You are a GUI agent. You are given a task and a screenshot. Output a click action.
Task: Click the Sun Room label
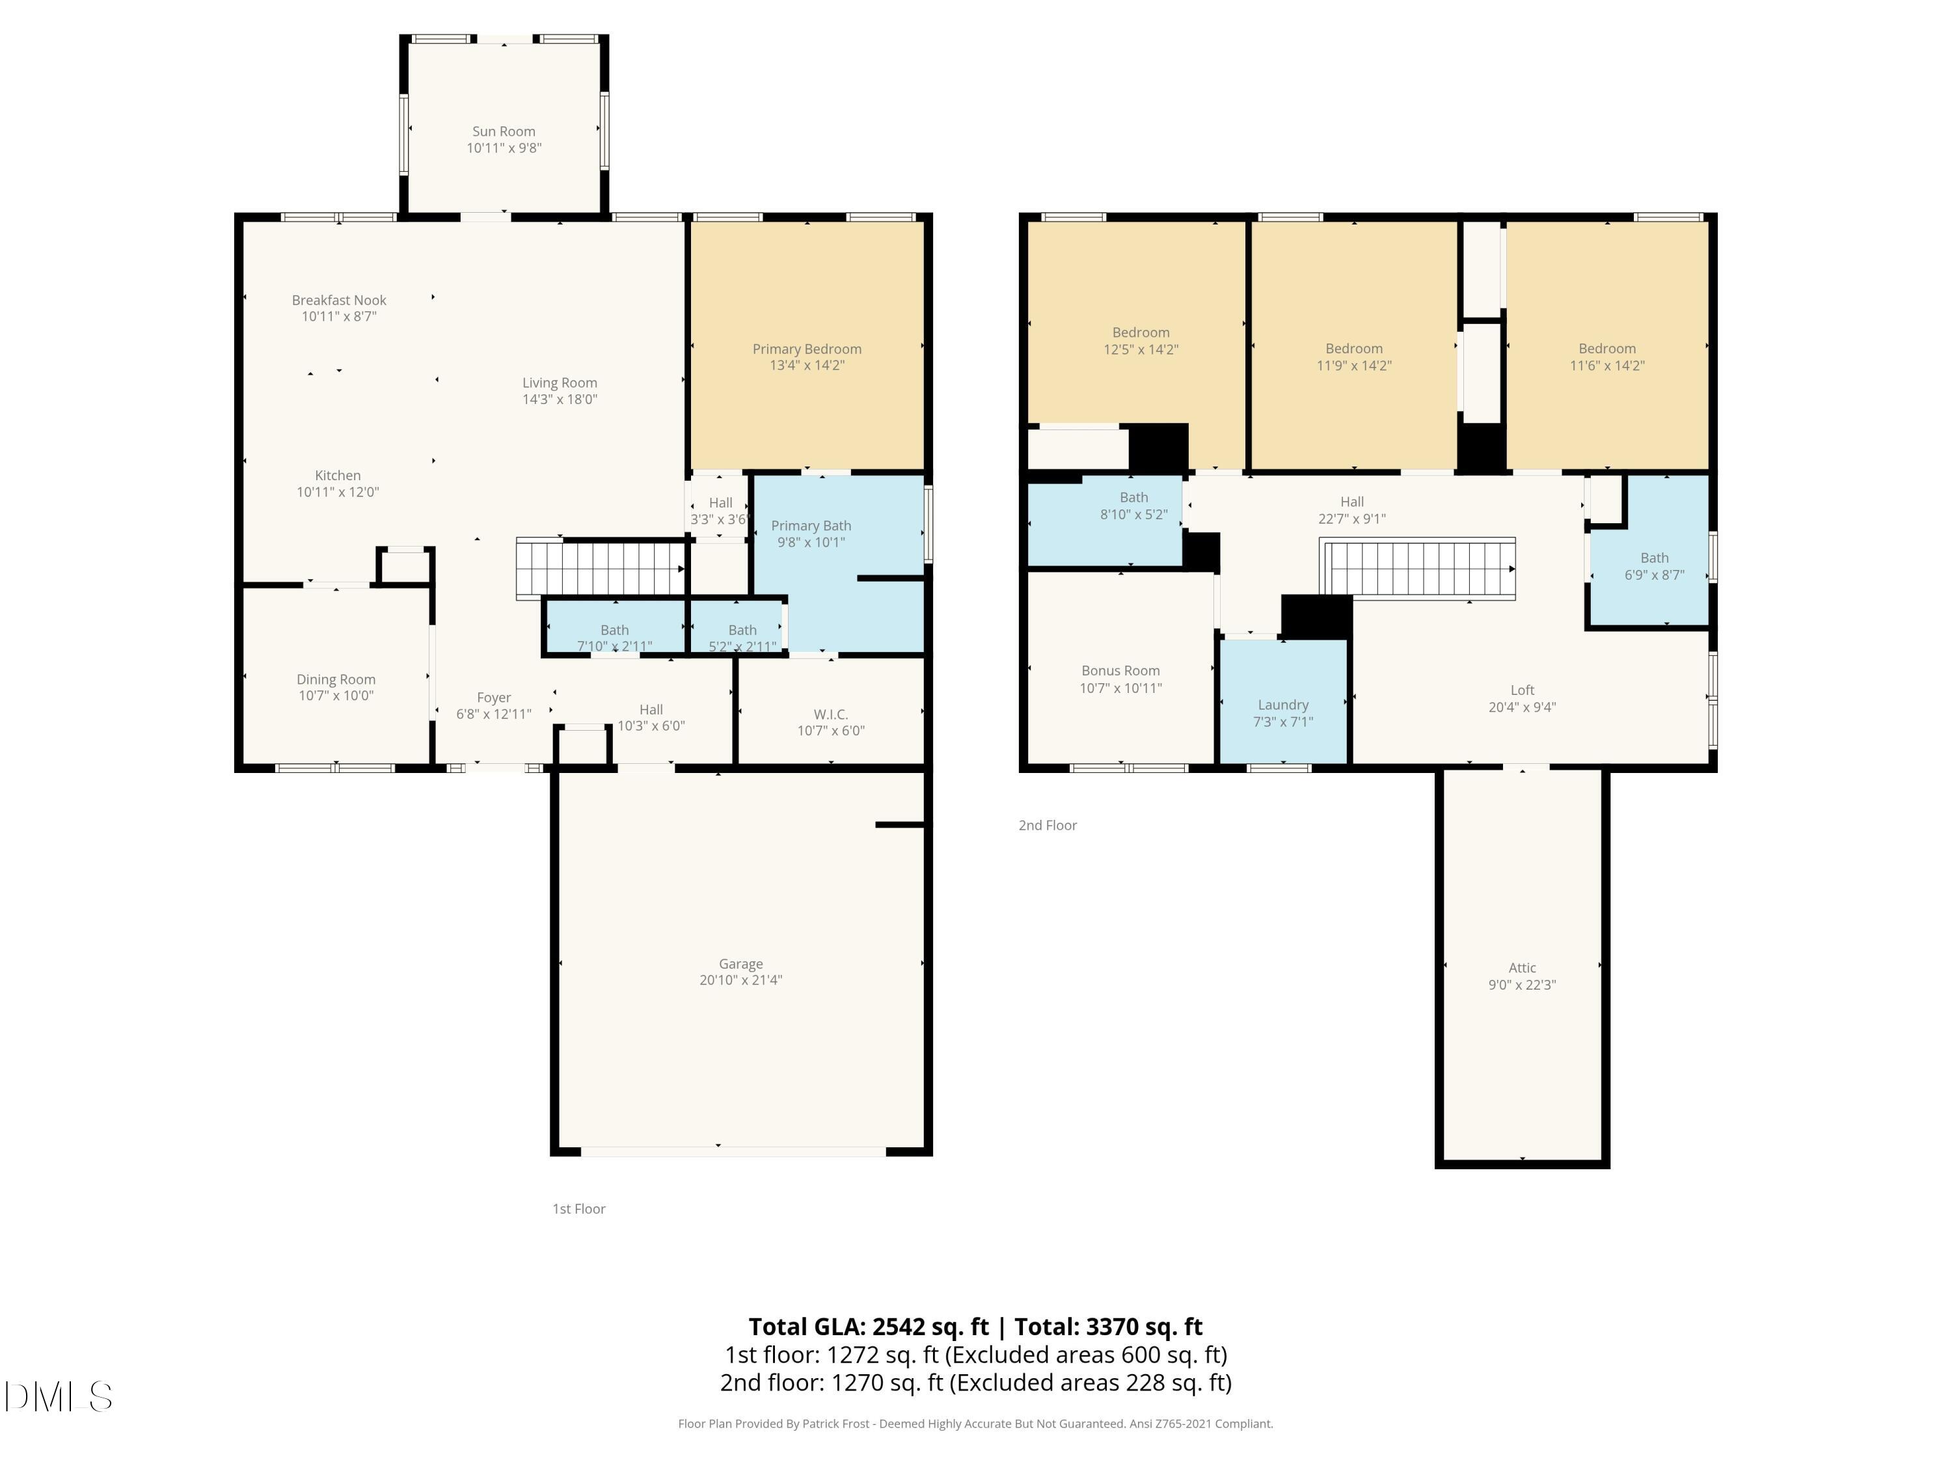click(x=503, y=131)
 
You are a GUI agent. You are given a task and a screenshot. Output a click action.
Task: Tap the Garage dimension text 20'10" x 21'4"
click(x=740, y=979)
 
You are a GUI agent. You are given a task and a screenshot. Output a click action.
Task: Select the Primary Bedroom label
click(x=807, y=349)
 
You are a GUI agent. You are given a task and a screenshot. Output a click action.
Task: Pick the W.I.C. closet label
click(x=830, y=714)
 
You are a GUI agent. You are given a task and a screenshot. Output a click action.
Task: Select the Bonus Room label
click(x=1120, y=671)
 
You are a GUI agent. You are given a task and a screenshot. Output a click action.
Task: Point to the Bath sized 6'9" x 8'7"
click(x=1654, y=565)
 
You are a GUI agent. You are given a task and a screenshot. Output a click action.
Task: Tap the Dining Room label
click(x=335, y=679)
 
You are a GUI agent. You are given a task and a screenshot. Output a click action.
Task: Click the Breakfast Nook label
click(x=339, y=300)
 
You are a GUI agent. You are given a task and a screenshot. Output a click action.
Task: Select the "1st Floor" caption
click(x=579, y=1209)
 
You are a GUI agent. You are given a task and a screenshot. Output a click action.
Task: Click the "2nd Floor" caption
click(x=1048, y=825)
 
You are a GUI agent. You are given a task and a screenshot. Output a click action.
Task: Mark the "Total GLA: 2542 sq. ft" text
click(x=869, y=1326)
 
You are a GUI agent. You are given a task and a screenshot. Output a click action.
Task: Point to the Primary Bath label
click(x=810, y=526)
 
